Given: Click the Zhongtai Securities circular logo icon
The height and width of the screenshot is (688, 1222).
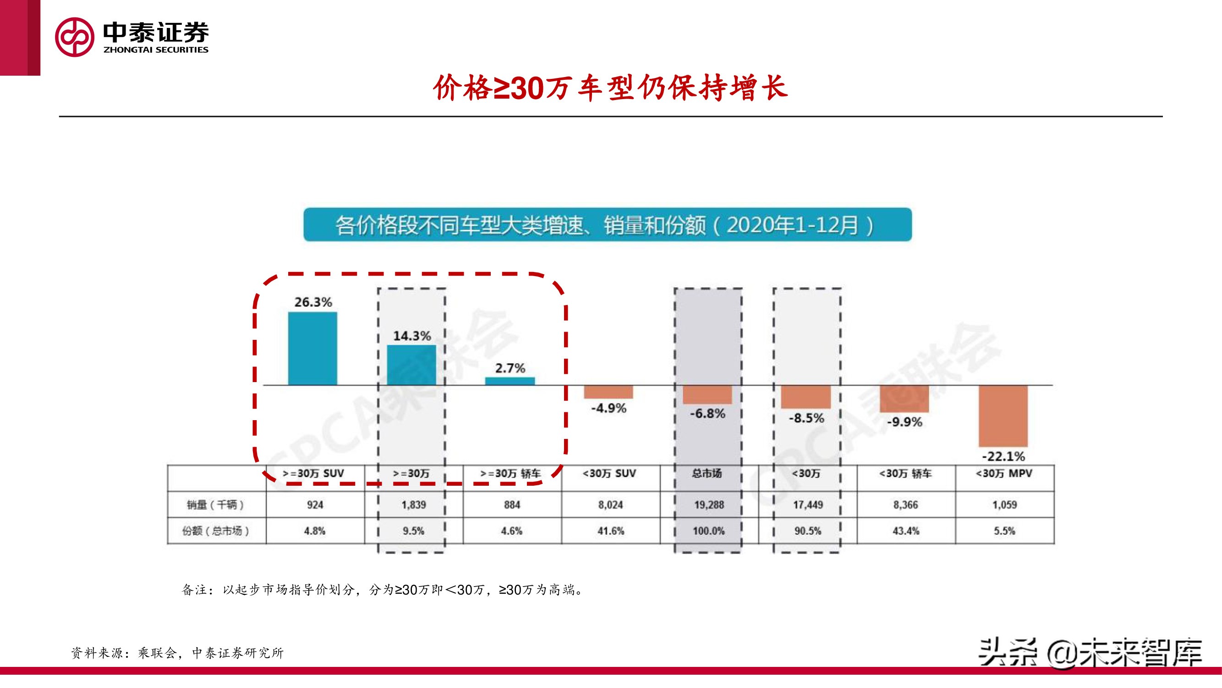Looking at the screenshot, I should coord(75,37).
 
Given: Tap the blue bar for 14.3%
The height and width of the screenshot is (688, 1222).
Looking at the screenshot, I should coord(411,365).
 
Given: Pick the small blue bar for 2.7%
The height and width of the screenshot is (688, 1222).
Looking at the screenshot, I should coord(510,381).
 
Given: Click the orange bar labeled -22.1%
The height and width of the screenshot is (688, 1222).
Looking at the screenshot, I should coord(1003,416).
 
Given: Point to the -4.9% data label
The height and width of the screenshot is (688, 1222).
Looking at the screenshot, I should coord(608,408).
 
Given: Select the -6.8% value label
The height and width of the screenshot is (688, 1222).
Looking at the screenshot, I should coord(707,414).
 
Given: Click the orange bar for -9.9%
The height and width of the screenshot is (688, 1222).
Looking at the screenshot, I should coord(904,399).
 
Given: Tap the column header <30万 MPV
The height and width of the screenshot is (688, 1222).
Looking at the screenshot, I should coord(1004,474).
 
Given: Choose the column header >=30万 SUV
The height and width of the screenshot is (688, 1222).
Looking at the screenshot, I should coord(313,474).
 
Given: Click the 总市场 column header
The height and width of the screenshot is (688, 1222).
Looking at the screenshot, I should coord(707,473).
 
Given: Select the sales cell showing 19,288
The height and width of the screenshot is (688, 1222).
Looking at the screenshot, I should coord(709,505).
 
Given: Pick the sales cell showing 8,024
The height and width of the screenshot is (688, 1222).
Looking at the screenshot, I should coord(610,505).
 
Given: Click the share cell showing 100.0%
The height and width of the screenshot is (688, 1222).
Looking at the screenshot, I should coord(709,531).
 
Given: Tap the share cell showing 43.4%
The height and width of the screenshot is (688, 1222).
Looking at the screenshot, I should coord(905,531).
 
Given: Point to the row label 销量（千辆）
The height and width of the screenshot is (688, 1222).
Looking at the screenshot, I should coord(215,505).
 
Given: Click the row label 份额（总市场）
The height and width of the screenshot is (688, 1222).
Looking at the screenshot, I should coord(215,531).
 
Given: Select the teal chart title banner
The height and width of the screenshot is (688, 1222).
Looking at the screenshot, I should coord(607,225).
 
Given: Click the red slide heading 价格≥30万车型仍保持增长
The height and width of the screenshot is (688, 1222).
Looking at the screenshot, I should coord(610,89).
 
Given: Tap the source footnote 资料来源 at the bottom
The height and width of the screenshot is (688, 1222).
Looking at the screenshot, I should coord(177,653).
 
